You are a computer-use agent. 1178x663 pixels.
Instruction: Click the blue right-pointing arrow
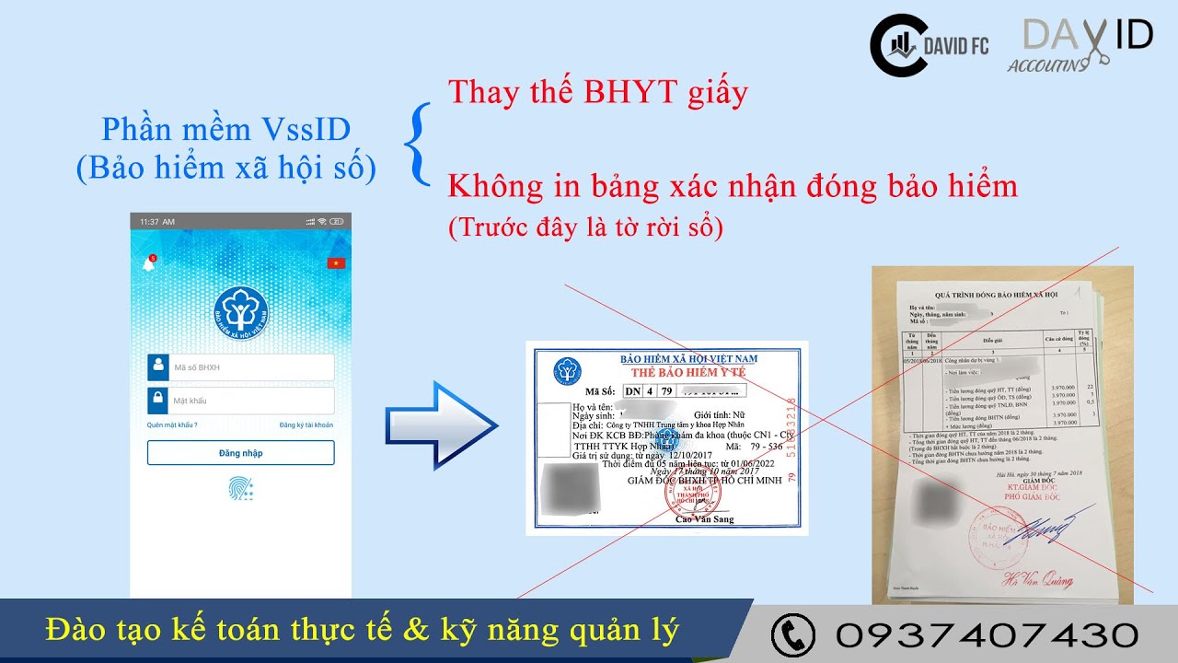click(440, 425)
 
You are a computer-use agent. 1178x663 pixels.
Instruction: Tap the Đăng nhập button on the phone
click(240, 453)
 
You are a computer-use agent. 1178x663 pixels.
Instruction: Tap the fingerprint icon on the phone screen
click(240, 488)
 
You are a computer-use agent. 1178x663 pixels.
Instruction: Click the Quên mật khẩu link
click(172, 425)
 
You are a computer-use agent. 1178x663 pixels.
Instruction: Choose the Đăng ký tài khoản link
click(306, 425)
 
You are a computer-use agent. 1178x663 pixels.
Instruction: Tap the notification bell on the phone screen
click(148, 264)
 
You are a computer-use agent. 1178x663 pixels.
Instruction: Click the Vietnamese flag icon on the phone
click(336, 264)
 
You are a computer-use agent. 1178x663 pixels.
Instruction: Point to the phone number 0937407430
click(987, 634)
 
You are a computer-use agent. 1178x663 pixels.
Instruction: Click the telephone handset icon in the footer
click(792, 634)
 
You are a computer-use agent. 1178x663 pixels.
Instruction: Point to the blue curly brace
click(420, 144)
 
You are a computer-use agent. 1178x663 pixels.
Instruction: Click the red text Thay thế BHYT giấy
click(597, 92)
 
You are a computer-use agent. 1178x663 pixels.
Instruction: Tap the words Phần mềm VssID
click(225, 129)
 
